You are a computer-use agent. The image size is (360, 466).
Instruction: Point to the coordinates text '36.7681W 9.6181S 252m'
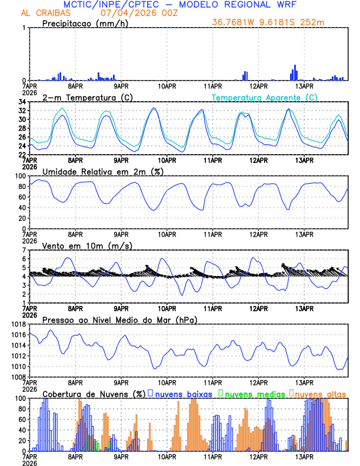(x=269, y=23)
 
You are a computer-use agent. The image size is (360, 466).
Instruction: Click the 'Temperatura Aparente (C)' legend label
(x=265, y=97)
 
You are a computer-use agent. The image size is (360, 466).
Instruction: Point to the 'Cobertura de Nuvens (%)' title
(x=94, y=393)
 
